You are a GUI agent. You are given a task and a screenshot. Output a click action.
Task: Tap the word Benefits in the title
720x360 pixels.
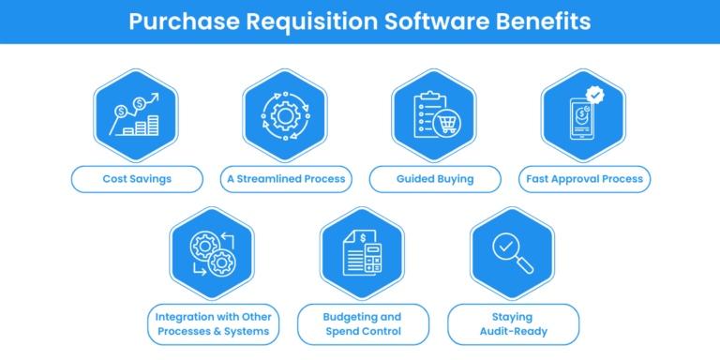coord(541,21)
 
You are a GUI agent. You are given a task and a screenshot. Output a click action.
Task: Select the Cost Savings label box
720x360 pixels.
coord(137,179)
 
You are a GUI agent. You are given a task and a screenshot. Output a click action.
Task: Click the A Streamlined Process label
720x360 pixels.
coord(285,179)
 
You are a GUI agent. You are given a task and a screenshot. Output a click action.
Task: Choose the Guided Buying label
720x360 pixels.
coord(434,179)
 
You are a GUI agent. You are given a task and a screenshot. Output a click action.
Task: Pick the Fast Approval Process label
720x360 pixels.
coord(584,179)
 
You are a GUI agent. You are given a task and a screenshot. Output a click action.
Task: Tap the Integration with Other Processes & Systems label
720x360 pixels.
coord(212,323)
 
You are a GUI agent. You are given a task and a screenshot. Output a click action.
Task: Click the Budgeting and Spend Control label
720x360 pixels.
coord(363,323)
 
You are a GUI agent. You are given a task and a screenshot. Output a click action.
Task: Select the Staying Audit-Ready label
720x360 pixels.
coord(513,323)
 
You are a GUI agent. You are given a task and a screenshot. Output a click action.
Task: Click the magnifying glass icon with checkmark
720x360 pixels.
coord(511,250)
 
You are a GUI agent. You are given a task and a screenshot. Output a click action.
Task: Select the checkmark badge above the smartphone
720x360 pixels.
coord(593,95)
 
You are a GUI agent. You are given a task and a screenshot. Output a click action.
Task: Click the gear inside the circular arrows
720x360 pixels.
coord(285,116)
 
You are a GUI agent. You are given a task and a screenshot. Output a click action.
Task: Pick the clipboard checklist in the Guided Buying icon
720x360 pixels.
coord(427,112)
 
